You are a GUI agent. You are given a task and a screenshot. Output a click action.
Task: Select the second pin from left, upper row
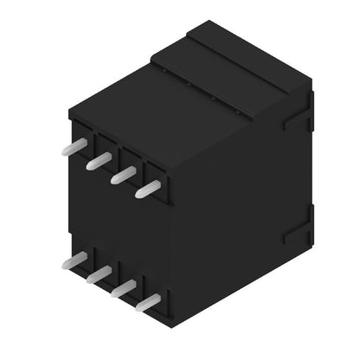coord(99,160)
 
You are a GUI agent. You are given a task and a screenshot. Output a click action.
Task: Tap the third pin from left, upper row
coord(123,175)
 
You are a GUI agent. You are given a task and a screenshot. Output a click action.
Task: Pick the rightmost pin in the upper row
coord(148,189)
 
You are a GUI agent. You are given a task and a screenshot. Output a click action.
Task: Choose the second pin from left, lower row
coord(99,274)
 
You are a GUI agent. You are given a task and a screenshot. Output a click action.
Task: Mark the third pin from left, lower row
coord(123,289)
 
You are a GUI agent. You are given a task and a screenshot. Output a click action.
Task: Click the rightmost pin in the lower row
coord(148,303)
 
